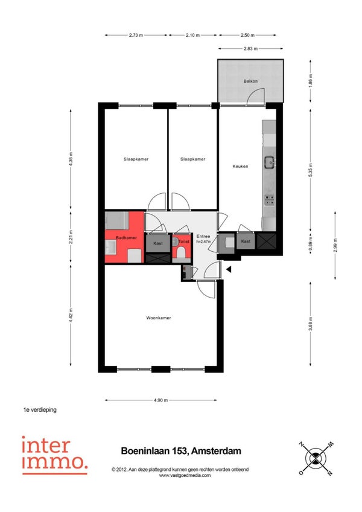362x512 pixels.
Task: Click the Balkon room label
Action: [250, 81]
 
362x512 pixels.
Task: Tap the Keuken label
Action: [240, 166]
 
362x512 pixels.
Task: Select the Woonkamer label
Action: [158, 318]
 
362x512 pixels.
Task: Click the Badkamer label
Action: [126, 238]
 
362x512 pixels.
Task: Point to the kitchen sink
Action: [269, 162]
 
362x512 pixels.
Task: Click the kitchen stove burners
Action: [269, 200]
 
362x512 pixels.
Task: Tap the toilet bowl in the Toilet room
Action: [181, 253]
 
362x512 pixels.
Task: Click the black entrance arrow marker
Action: [229, 269]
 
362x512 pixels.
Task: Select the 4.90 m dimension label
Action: [160, 400]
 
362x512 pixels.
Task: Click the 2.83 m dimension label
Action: [250, 49]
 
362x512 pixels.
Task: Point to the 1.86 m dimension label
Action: [311, 81]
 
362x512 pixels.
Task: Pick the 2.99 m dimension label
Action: [335, 245]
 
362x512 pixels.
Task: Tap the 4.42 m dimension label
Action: [71, 315]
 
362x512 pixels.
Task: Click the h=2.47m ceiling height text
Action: [204, 242]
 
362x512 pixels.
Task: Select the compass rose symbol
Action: [316, 458]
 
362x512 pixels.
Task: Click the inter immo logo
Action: [55, 455]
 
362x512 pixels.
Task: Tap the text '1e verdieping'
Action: [40, 409]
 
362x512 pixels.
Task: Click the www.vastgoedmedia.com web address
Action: [185, 475]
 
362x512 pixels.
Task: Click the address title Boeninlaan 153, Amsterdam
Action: [181, 451]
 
